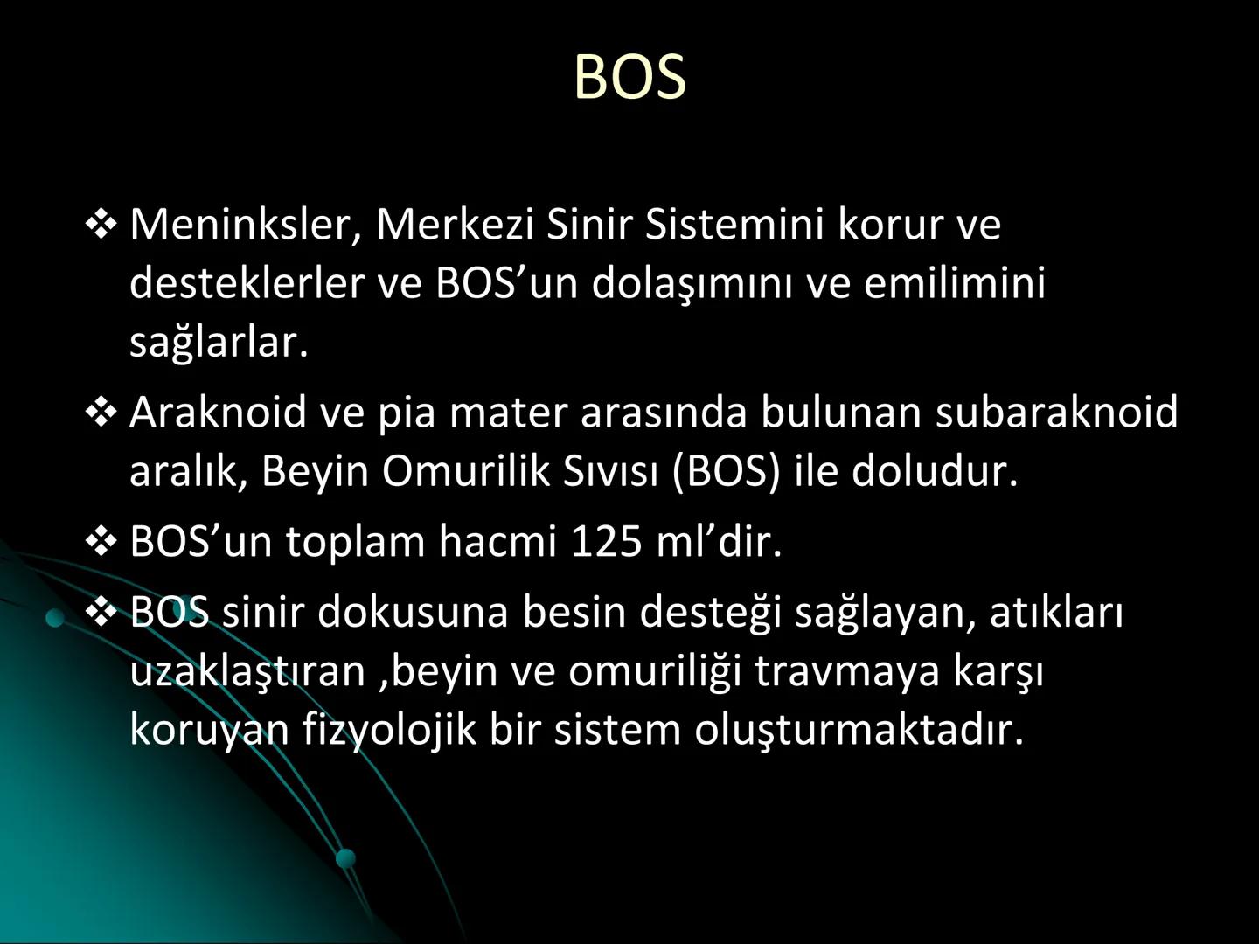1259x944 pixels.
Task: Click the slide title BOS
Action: pos(629,77)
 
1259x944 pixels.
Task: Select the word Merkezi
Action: pos(455,225)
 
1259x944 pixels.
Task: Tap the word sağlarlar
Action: pos(219,342)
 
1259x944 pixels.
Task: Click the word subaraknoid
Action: pos(1056,412)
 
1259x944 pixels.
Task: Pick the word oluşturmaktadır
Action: pos(859,730)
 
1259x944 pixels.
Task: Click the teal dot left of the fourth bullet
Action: pos(55,619)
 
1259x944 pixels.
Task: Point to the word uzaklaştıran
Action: pos(247,671)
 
